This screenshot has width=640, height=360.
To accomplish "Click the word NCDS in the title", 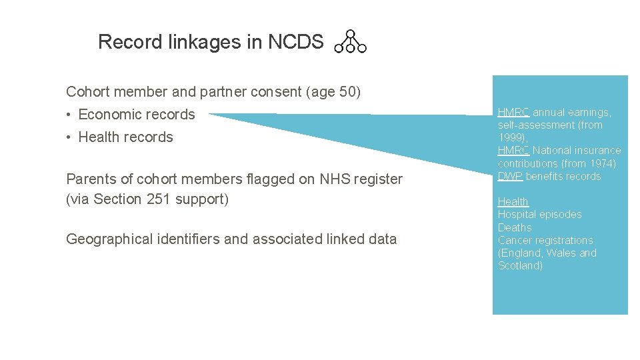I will pos(295,42).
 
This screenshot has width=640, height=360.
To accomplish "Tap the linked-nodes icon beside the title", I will pos(350,41).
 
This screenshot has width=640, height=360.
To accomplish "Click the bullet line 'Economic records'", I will pos(136,115).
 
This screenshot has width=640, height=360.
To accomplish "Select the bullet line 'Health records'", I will pos(125,137).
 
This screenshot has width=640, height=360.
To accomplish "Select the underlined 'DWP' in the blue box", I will pos(510,177).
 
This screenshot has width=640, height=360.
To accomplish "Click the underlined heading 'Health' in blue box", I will pos(513,202).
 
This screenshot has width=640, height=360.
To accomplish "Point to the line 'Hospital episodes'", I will pos(539,215).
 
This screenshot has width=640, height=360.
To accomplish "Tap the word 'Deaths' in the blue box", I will pos(515,227).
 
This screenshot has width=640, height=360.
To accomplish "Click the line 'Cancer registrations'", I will pos(545,240).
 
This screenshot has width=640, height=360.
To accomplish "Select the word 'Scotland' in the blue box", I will pos(520,266).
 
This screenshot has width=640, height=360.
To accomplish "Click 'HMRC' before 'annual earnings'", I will pos(513,113).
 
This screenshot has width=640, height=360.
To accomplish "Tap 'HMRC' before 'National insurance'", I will pos(513,151).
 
